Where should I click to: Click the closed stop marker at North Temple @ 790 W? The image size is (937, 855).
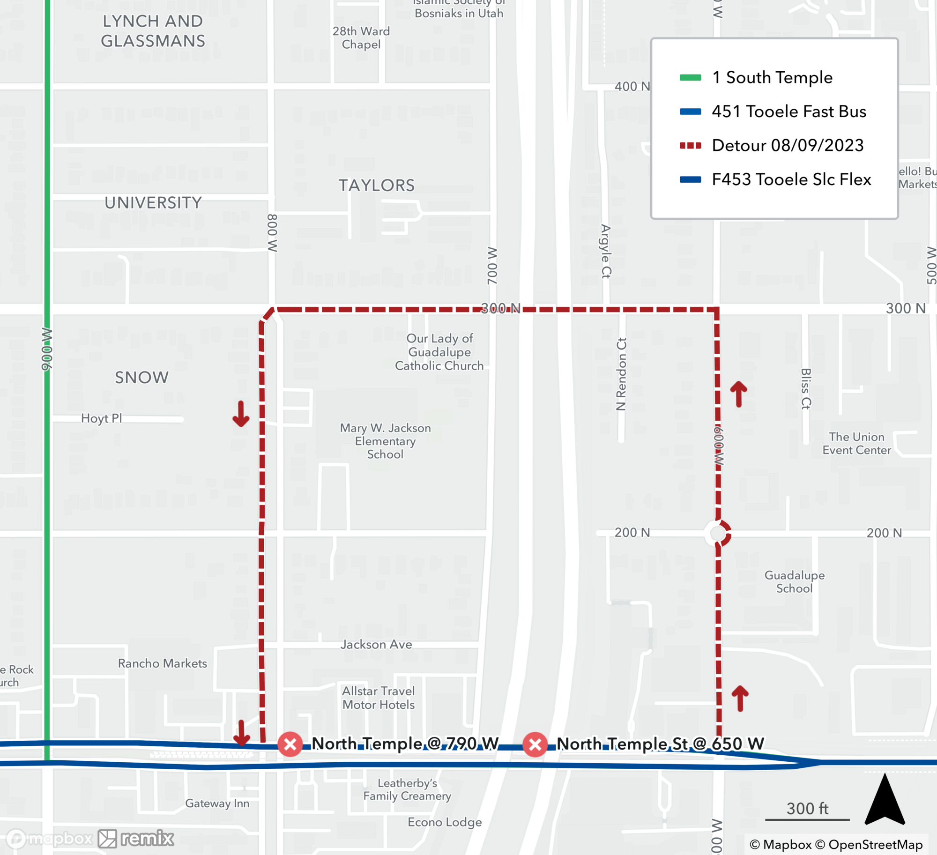[x=290, y=744]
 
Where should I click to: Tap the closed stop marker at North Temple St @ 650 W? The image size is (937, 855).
[x=535, y=744]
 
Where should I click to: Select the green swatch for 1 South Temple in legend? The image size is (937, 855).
[x=690, y=78]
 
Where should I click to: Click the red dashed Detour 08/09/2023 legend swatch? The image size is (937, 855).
[x=690, y=146]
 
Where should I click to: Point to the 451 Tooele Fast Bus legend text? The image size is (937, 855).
[x=788, y=112]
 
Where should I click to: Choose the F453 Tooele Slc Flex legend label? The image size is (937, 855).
[x=791, y=179]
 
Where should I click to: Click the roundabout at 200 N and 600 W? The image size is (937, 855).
[x=717, y=533]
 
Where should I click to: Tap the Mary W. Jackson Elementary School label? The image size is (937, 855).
[x=385, y=441]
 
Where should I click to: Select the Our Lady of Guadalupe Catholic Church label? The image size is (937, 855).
[x=439, y=352]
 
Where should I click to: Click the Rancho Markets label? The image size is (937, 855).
[x=162, y=663]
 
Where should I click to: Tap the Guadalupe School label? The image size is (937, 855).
[x=794, y=581]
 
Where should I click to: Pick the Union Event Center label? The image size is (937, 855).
[x=856, y=443]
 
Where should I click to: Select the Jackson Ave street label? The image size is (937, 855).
[x=376, y=645]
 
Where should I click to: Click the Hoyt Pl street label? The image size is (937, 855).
[x=101, y=418]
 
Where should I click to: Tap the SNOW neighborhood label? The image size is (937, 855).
[x=141, y=378]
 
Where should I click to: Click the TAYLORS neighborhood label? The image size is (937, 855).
[x=377, y=186]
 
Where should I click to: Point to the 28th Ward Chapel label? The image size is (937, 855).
[x=361, y=38]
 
